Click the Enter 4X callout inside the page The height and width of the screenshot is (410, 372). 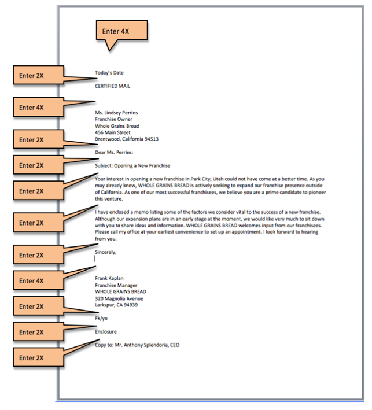[121, 31]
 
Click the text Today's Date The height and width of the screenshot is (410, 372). [109, 73]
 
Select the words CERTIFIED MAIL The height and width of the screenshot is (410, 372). [112, 86]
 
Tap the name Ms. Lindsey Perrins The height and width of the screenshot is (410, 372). [116, 113]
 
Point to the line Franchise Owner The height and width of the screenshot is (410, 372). [113, 119]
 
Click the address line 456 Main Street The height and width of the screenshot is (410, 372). [112, 132]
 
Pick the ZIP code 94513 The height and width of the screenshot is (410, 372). [152, 139]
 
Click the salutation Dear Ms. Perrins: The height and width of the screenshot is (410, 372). [114, 153]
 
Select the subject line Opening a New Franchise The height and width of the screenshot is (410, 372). [142, 166]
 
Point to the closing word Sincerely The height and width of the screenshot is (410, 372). [105, 252]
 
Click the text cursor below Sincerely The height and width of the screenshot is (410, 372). [95, 258]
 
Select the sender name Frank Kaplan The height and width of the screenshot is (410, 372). [109, 278]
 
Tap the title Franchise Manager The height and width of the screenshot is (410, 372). [116, 285]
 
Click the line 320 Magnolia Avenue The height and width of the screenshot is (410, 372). [119, 298]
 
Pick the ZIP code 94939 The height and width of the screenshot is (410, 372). [131, 305]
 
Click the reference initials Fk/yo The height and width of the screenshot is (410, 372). [101, 319]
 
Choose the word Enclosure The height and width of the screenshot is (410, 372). [106, 332]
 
